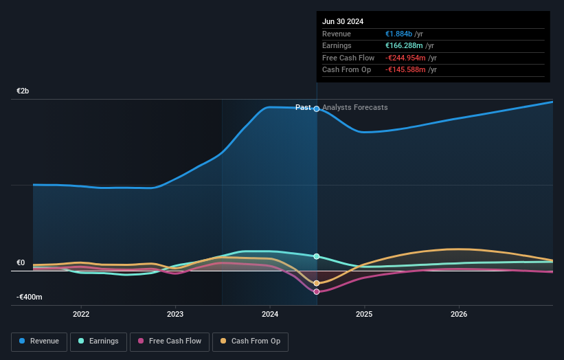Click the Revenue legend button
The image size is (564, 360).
(39, 341)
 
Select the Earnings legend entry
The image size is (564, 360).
(100, 341)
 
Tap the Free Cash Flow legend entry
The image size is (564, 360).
(169, 341)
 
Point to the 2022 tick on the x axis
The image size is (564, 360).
(81, 314)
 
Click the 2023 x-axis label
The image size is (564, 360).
(175, 314)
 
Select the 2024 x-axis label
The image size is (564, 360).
(270, 314)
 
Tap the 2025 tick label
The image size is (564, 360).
(364, 314)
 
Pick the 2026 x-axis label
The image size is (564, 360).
(459, 314)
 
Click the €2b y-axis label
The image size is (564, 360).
(23, 91)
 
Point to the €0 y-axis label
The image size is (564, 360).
(21, 262)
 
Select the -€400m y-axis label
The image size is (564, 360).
(30, 297)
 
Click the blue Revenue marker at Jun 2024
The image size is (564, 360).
(317, 109)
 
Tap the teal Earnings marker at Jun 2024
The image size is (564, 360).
(317, 256)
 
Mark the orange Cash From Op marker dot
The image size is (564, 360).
(317, 283)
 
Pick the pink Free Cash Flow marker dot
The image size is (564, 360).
(317, 292)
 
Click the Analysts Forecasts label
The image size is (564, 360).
(354, 107)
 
